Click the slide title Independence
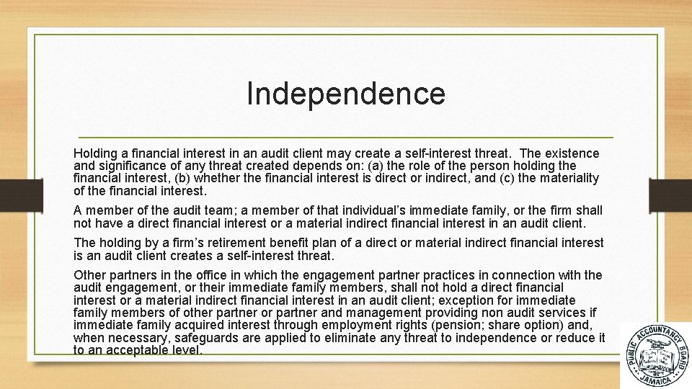(x=346, y=94)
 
